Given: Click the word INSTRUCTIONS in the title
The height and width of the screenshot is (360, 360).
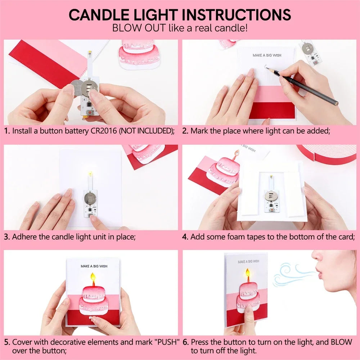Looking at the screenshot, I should point(237,15).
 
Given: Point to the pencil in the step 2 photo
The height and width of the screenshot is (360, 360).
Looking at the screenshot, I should point(306,86).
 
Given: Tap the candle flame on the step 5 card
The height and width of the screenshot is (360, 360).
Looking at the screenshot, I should point(93,277).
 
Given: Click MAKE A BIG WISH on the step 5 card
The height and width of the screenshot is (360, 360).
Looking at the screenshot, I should point(94,266).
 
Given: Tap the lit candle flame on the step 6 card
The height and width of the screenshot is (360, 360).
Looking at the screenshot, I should point(248,273).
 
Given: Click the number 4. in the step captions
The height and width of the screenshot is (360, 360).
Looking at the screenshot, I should point(185,237).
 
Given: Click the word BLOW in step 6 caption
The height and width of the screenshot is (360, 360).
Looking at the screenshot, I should point(342,342).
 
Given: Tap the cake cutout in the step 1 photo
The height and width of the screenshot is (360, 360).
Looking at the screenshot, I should point(138,54).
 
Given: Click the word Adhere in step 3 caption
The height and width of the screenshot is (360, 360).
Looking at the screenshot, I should point(23,237).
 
